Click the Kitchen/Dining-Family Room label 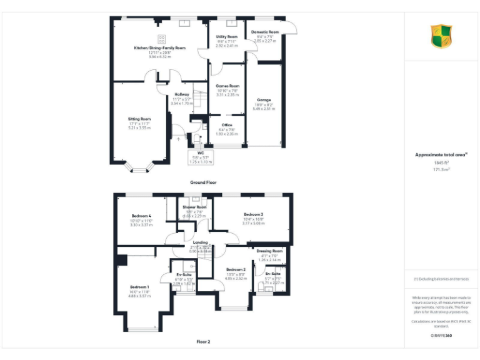(159, 47)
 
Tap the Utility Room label (227, 37)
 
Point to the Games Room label (227, 86)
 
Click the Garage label (263, 99)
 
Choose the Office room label (227, 125)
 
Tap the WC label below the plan (201, 152)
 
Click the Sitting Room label (139, 118)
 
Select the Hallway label (182, 94)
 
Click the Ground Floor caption (203, 182)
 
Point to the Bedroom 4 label (141, 216)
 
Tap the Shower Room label (194, 207)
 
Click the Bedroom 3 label (253, 214)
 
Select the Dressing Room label (269, 251)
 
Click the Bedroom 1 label (140, 287)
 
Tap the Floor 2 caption (203, 342)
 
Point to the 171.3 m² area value (441, 169)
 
